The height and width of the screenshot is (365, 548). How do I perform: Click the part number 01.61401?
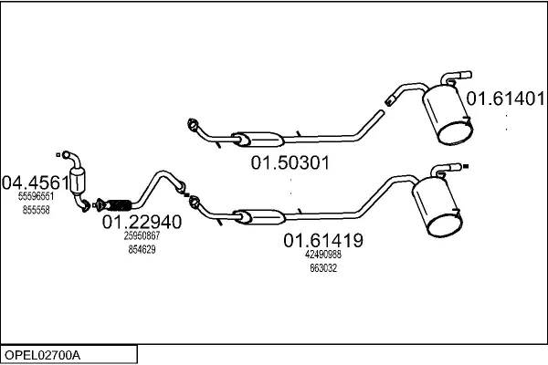505,99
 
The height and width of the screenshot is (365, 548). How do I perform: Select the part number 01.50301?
290,162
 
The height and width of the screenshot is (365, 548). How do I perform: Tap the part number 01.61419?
323,240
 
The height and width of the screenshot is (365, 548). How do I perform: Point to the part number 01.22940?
142,222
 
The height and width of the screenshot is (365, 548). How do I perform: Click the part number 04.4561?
36,182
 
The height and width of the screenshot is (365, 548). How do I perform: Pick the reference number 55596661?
36,196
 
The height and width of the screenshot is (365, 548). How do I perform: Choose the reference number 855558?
36,210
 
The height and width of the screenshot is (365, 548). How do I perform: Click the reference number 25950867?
142,235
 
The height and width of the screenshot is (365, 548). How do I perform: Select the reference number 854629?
142,250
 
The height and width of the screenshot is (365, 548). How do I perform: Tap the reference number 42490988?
323,255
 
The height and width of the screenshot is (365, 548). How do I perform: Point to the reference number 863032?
323,268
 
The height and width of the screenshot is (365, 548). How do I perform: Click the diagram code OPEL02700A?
42,355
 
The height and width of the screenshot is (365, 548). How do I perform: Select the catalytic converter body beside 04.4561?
78,180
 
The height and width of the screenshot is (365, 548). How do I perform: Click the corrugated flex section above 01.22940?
119,205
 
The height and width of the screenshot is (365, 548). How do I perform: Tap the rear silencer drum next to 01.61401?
448,114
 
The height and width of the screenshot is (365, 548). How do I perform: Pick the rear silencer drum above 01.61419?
437,207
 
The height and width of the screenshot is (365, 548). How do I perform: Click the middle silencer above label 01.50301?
258,139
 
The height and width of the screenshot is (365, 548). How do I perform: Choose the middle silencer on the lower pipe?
259,217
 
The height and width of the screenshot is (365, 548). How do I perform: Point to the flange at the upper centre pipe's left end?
192,125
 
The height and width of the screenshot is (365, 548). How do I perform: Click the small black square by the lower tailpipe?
466,167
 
